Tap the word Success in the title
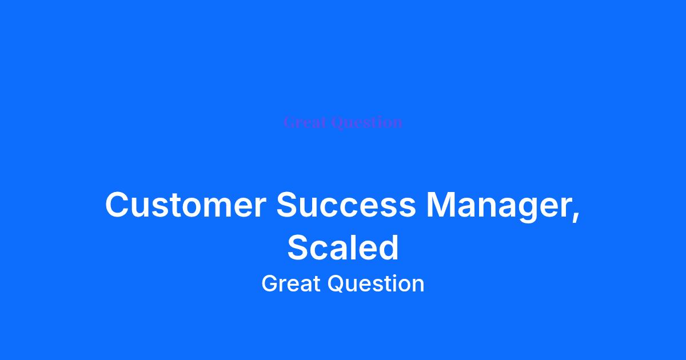pos(346,205)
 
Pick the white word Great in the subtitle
pos(291,283)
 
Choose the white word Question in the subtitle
pos(376,284)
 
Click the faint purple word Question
pos(366,123)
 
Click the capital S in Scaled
pos(298,247)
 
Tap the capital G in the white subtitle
pos(270,283)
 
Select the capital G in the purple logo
pos(290,122)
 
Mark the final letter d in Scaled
pos(388,247)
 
